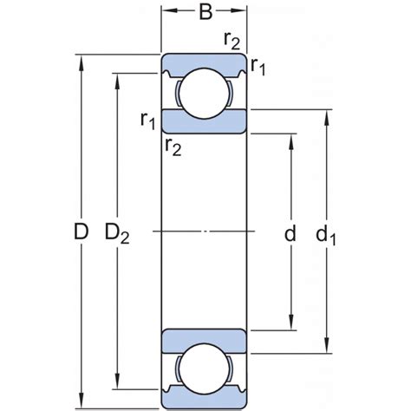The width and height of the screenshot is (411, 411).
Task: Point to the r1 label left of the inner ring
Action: point(148,120)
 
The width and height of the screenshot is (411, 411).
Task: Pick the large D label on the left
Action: point(81,232)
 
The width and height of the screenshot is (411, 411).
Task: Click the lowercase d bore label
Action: point(290,232)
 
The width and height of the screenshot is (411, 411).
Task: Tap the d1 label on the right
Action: point(327,233)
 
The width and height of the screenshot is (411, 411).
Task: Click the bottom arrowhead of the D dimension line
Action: point(81,403)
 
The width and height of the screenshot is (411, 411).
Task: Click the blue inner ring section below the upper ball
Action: point(205,121)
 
